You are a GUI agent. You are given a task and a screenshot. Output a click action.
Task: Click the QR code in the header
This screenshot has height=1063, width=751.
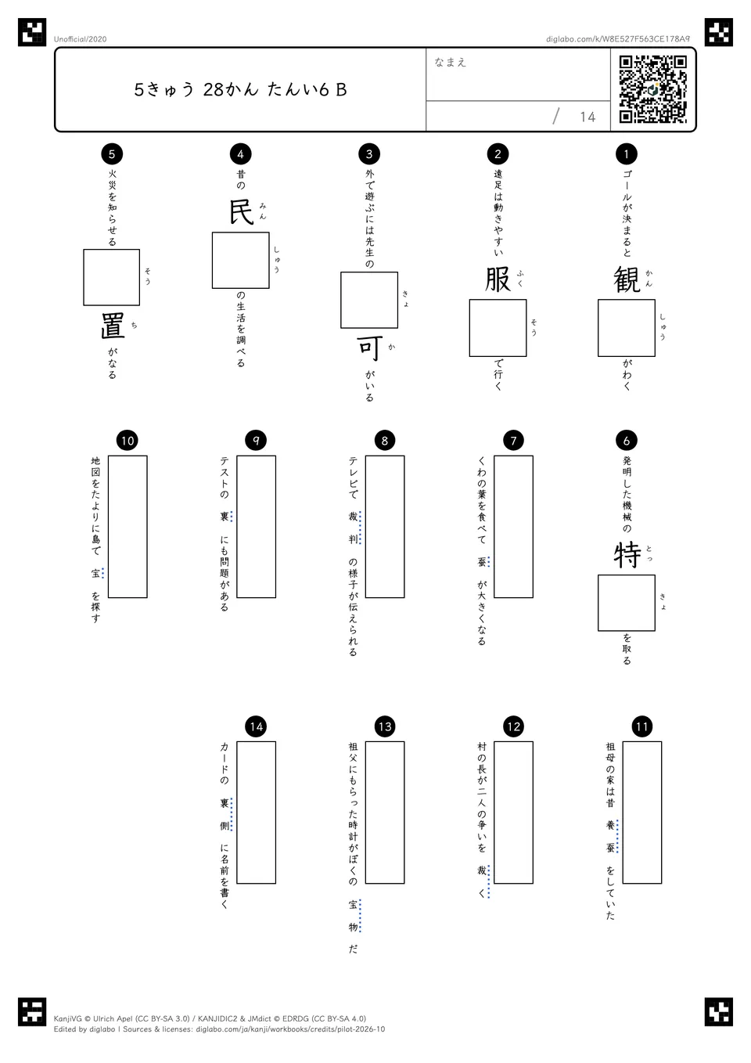652,89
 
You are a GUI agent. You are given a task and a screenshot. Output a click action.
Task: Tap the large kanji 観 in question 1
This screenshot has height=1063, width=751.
627,279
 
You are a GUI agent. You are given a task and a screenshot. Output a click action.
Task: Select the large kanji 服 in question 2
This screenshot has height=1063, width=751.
498,279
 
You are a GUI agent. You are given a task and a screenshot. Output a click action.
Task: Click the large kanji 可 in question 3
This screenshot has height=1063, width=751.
369,349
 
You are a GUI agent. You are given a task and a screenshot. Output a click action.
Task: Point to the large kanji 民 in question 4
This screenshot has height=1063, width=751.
241,211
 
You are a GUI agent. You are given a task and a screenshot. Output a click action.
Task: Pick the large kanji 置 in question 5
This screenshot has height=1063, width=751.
113,326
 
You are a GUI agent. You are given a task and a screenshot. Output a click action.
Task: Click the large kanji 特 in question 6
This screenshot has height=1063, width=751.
627,555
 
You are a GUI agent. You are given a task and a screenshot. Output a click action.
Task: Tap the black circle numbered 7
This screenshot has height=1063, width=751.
513,441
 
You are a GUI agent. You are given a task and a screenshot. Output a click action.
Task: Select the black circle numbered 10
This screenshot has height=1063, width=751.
128,441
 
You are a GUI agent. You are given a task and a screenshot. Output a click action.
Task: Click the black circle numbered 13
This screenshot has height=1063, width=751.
385,726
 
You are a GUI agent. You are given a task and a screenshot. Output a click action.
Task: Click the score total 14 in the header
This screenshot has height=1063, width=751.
588,117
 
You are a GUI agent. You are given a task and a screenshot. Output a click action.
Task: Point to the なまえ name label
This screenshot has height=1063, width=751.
451,62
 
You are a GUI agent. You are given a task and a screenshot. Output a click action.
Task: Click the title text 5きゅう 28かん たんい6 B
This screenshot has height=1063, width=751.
240,89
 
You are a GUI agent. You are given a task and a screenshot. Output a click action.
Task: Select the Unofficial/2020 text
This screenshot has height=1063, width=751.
80,39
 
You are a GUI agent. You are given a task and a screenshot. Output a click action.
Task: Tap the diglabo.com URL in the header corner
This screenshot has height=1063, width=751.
618,39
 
